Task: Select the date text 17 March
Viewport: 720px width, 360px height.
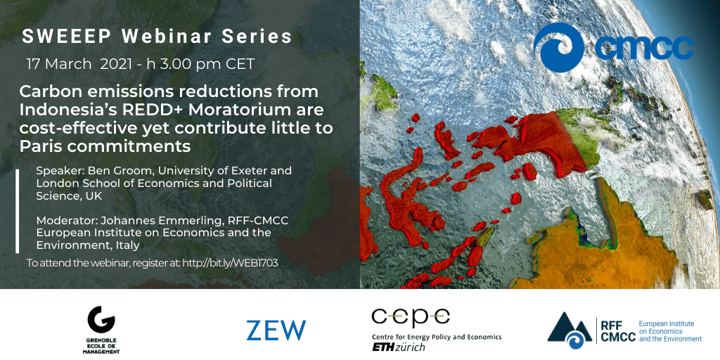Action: pyautogui.click(x=59, y=64)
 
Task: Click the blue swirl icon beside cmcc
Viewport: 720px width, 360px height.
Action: pyautogui.click(x=559, y=48)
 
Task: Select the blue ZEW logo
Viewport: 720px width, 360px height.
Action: pyautogui.click(x=276, y=330)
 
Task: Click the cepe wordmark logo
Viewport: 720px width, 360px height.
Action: pyautogui.click(x=411, y=318)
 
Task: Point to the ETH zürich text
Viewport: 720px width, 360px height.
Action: pyautogui.click(x=398, y=347)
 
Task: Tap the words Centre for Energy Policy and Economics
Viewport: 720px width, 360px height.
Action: pyautogui.click(x=436, y=337)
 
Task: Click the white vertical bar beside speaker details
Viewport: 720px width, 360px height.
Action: pyautogui.click(x=18, y=211)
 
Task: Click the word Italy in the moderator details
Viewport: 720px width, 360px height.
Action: pyautogui.click(x=124, y=245)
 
